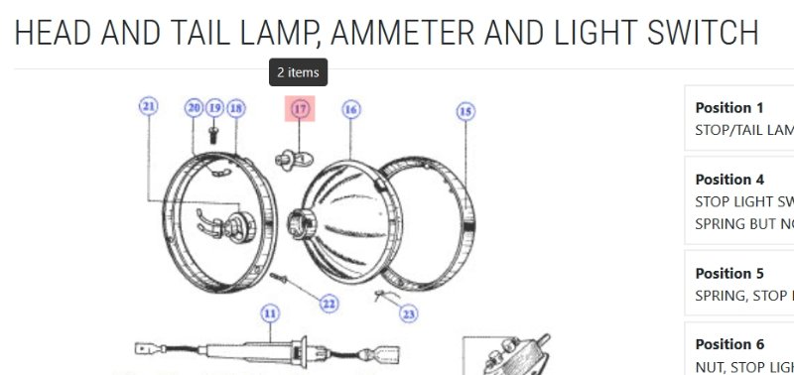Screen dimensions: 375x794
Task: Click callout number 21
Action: point(149,106)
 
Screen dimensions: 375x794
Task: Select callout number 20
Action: point(194,107)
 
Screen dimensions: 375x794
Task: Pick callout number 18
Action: point(235,107)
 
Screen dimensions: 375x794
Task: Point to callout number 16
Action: point(350,110)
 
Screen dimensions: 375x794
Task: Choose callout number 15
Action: point(466,111)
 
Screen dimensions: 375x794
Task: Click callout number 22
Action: point(329,304)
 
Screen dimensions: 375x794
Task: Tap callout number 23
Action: point(408,313)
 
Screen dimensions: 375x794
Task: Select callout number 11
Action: point(269,313)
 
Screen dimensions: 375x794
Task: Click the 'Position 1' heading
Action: point(729,108)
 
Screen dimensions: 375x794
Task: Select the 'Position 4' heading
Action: point(729,180)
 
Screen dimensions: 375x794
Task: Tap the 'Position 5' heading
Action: point(729,273)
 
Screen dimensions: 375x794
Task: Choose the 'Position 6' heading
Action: point(729,344)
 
